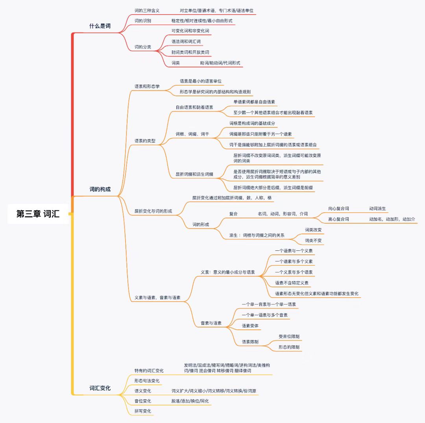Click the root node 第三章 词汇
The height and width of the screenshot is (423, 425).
click(38, 214)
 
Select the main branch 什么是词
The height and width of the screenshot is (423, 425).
click(100, 26)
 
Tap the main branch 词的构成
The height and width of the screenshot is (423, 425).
click(100, 189)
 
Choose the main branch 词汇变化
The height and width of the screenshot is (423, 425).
click(100, 388)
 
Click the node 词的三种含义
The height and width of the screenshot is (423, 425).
click(147, 10)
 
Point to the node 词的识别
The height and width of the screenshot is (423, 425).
click(142, 20)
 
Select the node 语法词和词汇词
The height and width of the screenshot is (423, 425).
click(186, 41)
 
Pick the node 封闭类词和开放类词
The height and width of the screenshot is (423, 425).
click(190, 52)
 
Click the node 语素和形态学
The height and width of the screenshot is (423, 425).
click(147, 86)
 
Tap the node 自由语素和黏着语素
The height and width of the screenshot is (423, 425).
click(194, 107)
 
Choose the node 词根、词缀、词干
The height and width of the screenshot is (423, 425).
click(192, 134)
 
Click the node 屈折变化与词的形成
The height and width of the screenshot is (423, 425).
click(153, 211)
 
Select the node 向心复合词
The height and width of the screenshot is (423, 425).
click(338, 208)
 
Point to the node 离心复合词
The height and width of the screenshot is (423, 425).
click(338, 219)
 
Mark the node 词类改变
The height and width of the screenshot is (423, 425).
click(313, 230)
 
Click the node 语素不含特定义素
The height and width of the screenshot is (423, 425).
click(292, 283)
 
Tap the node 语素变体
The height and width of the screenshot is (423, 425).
click(250, 326)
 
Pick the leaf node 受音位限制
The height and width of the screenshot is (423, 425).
click(289, 337)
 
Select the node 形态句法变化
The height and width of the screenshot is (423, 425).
click(147, 381)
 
